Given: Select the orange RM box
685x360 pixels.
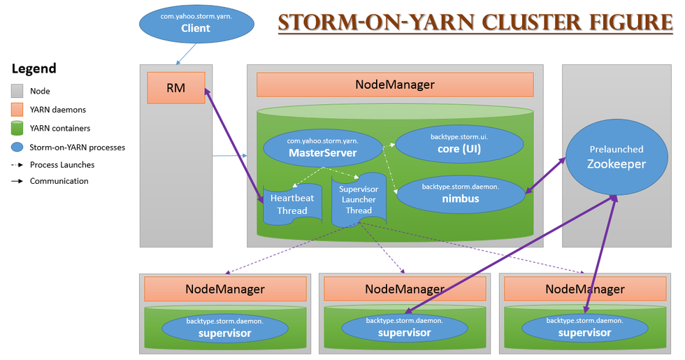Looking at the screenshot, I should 176,88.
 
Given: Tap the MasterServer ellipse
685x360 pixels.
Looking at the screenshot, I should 322,148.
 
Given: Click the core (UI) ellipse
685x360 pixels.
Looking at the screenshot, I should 459,144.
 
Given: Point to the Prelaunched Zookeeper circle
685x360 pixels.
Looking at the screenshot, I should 606,157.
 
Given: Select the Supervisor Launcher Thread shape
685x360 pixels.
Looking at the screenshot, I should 359,200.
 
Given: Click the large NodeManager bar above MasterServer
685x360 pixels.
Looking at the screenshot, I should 395,85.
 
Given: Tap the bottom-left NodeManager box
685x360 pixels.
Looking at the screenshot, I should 225,289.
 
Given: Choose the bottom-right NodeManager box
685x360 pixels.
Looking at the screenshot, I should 584,289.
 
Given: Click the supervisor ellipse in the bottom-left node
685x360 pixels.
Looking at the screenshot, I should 224,327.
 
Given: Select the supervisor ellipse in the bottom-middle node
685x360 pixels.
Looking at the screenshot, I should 404,326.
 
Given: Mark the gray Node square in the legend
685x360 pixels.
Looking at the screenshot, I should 17,91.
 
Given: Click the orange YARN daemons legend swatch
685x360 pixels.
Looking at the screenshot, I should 17,110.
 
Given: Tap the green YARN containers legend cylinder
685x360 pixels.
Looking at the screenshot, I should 17,128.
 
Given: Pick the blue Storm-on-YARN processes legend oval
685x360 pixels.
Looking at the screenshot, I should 17,147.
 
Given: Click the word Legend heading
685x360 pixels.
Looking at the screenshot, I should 34,69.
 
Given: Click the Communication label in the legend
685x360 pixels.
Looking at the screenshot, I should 59,181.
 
